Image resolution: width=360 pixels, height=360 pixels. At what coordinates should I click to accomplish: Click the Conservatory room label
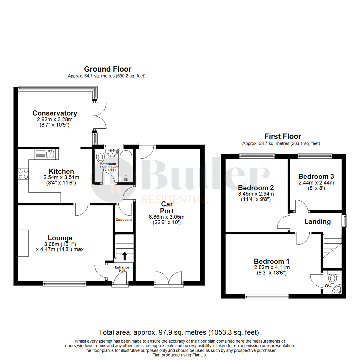[55, 113]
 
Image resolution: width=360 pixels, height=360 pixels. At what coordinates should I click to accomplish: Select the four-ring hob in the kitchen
[23, 174]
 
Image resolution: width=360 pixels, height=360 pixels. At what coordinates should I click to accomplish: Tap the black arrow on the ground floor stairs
[125, 256]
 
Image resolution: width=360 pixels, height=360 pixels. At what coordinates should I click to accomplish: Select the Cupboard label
[124, 220]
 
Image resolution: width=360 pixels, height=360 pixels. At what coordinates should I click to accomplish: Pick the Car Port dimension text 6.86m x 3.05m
[167, 217]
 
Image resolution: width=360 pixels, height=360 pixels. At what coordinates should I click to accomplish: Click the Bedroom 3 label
[316, 176]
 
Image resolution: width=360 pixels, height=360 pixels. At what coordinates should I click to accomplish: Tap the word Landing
[317, 222]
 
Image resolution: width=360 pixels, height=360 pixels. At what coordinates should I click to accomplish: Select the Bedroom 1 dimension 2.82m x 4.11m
[271, 267]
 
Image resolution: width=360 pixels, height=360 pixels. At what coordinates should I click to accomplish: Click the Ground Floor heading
[107, 69]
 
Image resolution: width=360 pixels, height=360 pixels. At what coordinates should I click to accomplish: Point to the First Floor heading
[283, 136]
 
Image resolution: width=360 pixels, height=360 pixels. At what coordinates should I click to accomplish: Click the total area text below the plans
[179, 333]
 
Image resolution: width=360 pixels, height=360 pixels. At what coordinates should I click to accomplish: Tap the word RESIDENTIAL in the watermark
[175, 200]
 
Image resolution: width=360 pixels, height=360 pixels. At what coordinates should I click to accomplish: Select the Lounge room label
[60, 238]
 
